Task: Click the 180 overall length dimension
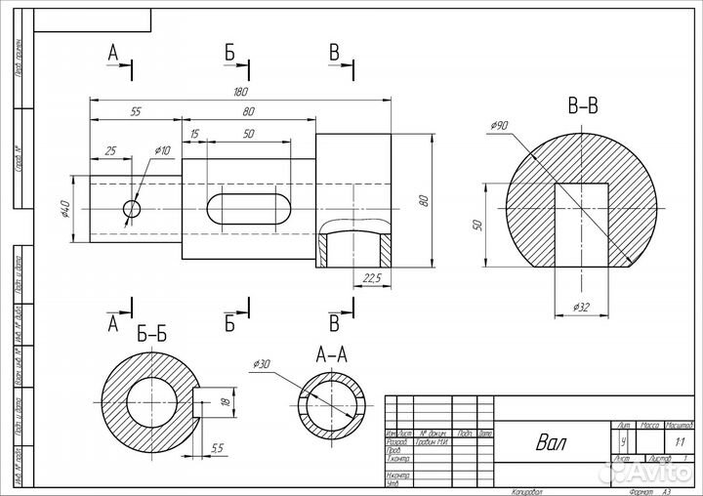coord(240,92)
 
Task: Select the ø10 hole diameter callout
coord(162,150)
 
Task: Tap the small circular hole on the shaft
coord(131,208)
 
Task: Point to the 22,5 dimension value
coord(371,277)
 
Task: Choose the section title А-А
coord(333,354)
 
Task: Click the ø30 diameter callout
coord(261,364)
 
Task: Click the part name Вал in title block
coord(551,442)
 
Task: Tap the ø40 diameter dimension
coord(64,208)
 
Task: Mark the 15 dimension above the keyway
coord(195,133)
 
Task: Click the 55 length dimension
coord(136,112)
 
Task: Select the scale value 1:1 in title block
coord(679,441)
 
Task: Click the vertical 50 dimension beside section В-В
coord(477,225)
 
